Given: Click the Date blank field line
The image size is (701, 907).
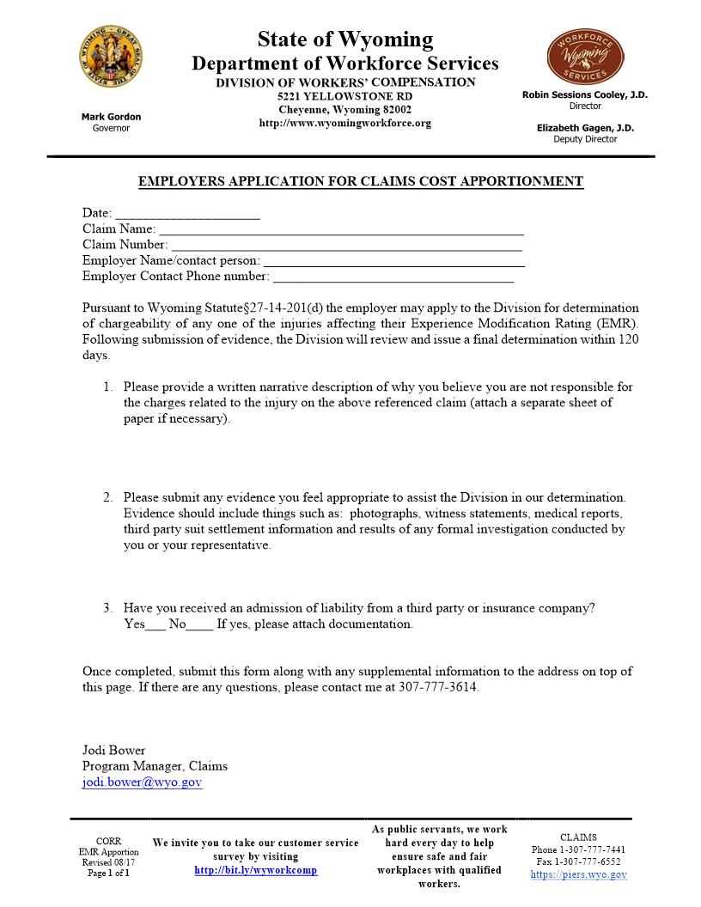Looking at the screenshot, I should (187, 218).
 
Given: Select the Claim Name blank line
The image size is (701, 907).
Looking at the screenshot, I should (341, 234).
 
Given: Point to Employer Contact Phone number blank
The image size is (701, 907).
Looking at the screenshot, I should (393, 281).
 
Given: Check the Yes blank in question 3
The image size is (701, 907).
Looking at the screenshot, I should (155, 629).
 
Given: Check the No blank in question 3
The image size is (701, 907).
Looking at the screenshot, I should (199, 629).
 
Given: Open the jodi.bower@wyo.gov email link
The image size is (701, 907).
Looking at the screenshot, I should (142, 782).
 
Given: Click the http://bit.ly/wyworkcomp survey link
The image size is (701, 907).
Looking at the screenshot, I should (256, 870).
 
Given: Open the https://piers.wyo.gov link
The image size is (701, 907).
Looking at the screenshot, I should (578, 874).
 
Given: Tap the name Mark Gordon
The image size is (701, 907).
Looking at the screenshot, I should (111, 117).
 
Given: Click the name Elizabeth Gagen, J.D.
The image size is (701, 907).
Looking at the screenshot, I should (585, 128).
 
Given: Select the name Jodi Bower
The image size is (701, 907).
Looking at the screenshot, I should (113, 750).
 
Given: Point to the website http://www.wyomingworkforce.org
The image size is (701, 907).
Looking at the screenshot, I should (344, 124).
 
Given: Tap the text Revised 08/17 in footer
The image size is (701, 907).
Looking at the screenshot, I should (108, 862).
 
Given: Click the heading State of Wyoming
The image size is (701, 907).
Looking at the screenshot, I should (344, 40).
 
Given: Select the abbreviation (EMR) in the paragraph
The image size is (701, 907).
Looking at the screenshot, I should (615, 324).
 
